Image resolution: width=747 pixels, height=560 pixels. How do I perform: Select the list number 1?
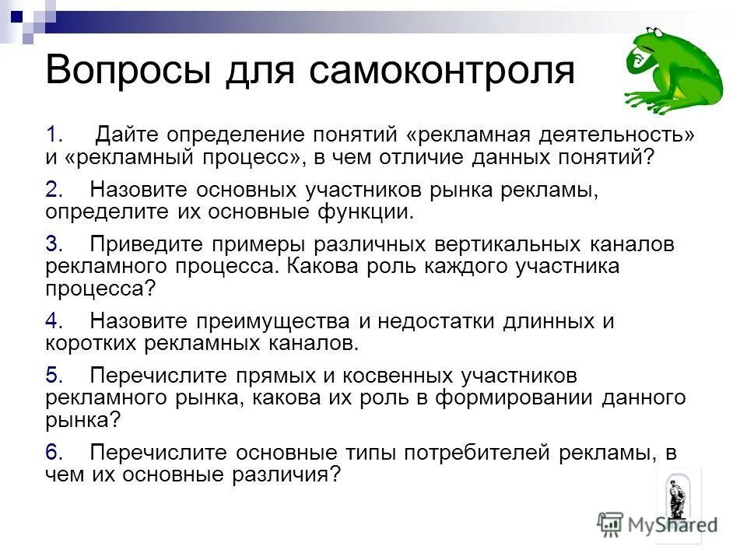(x=53, y=135)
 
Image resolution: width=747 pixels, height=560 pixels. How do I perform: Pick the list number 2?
(x=53, y=190)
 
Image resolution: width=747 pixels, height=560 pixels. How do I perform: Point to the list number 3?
(x=53, y=244)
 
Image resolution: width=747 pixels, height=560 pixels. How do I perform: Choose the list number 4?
(x=53, y=320)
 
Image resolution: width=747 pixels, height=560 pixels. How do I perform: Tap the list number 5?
(x=53, y=375)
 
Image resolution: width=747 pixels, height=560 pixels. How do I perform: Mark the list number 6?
(x=53, y=451)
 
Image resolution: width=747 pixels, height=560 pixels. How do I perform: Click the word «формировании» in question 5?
(x=514, y=397)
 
